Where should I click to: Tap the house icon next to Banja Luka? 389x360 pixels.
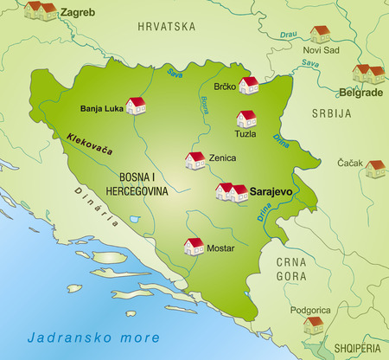pyautogui.click(x=136, y=106)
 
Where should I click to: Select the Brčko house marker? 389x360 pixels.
pyautogui.click(x=249, y=85)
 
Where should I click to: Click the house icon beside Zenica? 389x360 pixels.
pyautogui.click(x=195, y=160)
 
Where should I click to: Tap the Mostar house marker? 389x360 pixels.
pyautogui.click(x=194, y=247)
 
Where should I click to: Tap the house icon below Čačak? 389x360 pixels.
pyautogui.click(x=375, y=169)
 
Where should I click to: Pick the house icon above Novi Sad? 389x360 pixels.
pyautogui.click(x=321, y=34)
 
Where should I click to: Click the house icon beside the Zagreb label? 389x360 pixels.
pyautogui.click(x=40, y=10)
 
